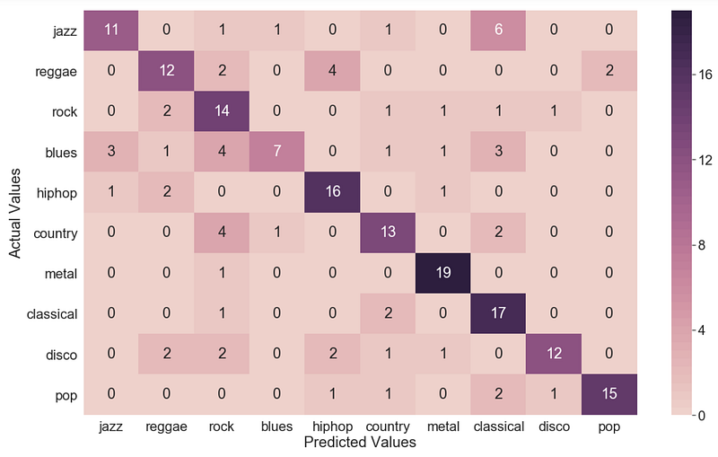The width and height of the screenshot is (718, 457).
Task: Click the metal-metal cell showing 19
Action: (x=442, y=273)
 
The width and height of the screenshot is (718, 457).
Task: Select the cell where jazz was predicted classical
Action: (x=498, y=31)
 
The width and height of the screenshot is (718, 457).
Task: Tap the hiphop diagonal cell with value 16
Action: (x=332, y=192)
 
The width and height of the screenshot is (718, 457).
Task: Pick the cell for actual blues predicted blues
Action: (x=277, y=152)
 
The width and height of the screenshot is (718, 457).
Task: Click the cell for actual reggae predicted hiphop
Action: (x=332, y=71)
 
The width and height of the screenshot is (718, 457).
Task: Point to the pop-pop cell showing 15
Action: (x=609, y=395)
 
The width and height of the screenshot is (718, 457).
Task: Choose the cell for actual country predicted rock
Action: (x=222, y=233)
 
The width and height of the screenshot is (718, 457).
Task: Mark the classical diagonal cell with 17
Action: (x=498, y=313)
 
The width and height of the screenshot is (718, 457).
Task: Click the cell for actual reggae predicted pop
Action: (x=609, y=71)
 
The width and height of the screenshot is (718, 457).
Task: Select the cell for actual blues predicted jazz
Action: (x=111, y=152)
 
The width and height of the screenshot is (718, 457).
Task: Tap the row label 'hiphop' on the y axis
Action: (x=57, y=193)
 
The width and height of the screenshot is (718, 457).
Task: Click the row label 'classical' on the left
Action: (x=52, y=314)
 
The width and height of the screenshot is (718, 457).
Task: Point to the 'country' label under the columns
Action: (x=388, y=427)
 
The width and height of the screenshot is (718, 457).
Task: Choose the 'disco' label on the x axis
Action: (x=554, y=426)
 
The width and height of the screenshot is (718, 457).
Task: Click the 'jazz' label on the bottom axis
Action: (x=110, y=427)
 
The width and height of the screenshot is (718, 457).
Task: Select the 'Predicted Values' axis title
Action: (x=360, y=443)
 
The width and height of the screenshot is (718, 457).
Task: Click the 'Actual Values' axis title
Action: (x=14, y=213)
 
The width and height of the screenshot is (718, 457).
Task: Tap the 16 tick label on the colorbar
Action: (x=705, y=75)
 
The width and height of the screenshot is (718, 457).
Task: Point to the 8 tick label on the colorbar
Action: (x=702, y=245)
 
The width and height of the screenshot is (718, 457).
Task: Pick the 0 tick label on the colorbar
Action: (x=702, y=416)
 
